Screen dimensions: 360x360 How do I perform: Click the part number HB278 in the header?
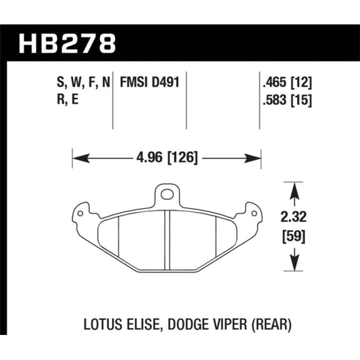pos(67,44)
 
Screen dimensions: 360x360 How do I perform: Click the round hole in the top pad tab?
pos(166,194)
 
